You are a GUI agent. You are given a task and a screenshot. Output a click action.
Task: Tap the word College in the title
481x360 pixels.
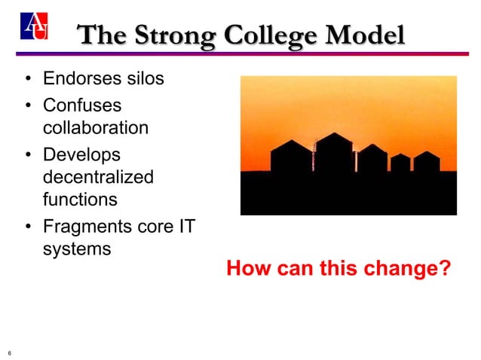coord(282,35)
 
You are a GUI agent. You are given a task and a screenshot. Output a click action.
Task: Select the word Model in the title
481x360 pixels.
coord(369,35)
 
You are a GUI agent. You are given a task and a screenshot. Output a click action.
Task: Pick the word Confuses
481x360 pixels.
coord(82,106)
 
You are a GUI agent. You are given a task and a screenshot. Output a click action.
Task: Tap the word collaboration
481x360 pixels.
coord(95,127)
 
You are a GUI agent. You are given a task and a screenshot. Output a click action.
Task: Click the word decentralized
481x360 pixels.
coord(98,177)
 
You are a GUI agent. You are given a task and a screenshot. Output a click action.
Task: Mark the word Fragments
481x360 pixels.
coord(87,227)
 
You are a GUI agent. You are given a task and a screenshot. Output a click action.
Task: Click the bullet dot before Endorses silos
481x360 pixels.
coord(27,79)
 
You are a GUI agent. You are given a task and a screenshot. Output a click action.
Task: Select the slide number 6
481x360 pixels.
coord(9,352)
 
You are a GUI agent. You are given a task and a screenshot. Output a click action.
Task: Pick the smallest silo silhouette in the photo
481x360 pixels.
coord(400,163)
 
